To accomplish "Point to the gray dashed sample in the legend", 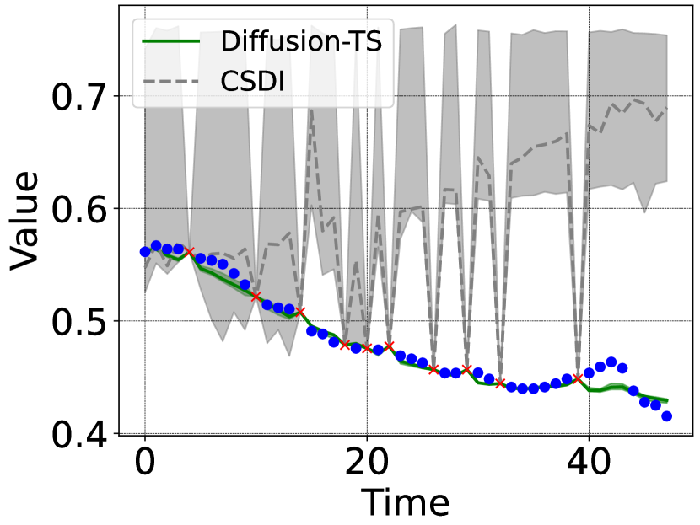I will [170, 83].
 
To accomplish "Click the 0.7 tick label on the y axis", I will [83, 98].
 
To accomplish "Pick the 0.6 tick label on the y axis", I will [83, 210].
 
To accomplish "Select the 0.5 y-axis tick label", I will [83, 322].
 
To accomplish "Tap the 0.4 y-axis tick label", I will [83, 434].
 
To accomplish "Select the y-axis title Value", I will [25, 221].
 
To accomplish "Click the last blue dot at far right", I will [666, 415].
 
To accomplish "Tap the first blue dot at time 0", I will [145, 251].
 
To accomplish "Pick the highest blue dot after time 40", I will [611, 362].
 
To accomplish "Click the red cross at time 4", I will [189, 252].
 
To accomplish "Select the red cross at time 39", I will [578, 378].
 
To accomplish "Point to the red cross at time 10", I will [256, 296].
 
